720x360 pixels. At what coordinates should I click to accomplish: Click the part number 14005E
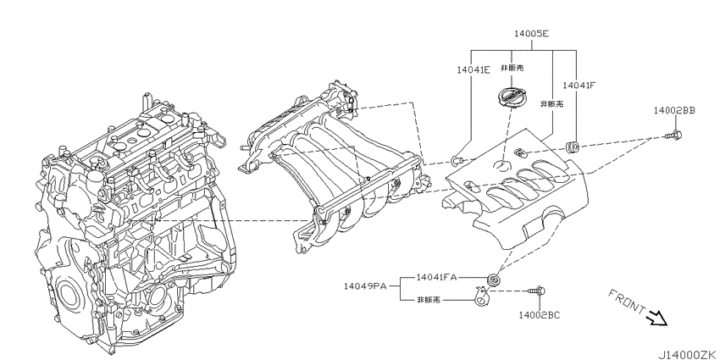[x=531, y=34]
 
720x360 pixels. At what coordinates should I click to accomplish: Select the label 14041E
[x=473, y=69]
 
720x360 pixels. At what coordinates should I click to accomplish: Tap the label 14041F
[x=579, y=85]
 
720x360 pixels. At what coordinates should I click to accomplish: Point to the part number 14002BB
[x=674, y=110]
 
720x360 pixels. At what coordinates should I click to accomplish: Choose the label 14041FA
[x=437, y=277]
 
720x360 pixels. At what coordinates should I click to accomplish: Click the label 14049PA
[x=364, y=286]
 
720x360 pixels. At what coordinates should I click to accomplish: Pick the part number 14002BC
[x=539, y=315]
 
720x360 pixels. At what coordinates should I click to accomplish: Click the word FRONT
[x=627, y=302]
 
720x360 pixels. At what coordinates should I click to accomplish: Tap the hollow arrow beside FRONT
[x=657, y=318]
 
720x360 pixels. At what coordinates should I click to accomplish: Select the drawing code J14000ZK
[x=689, y=355]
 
